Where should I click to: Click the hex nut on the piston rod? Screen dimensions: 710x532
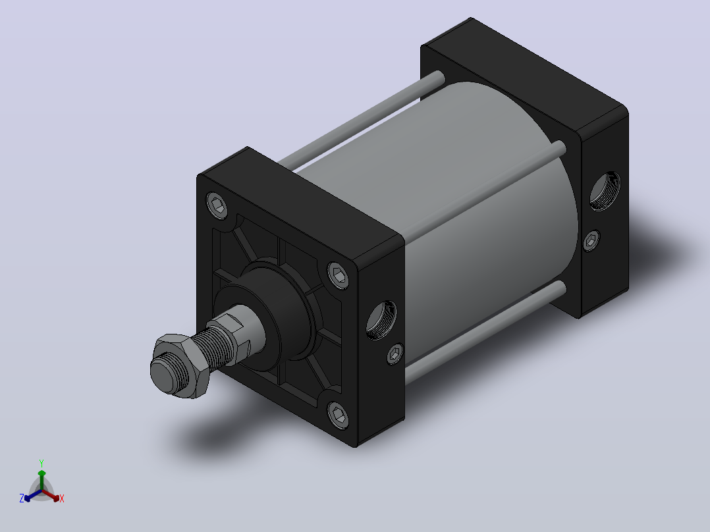coord(181,366)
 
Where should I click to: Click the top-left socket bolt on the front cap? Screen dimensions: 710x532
coord(217,205)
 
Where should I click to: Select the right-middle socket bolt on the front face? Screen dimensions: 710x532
coord(339,275)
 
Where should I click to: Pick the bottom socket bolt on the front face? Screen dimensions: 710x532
coord(339,414)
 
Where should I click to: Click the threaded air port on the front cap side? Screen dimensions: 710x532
coord(381,319)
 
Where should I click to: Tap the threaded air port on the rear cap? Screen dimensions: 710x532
coord(605,191)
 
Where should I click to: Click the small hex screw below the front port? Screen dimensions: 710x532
coord(395,354)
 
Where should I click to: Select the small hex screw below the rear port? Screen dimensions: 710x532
coord(591,241)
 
